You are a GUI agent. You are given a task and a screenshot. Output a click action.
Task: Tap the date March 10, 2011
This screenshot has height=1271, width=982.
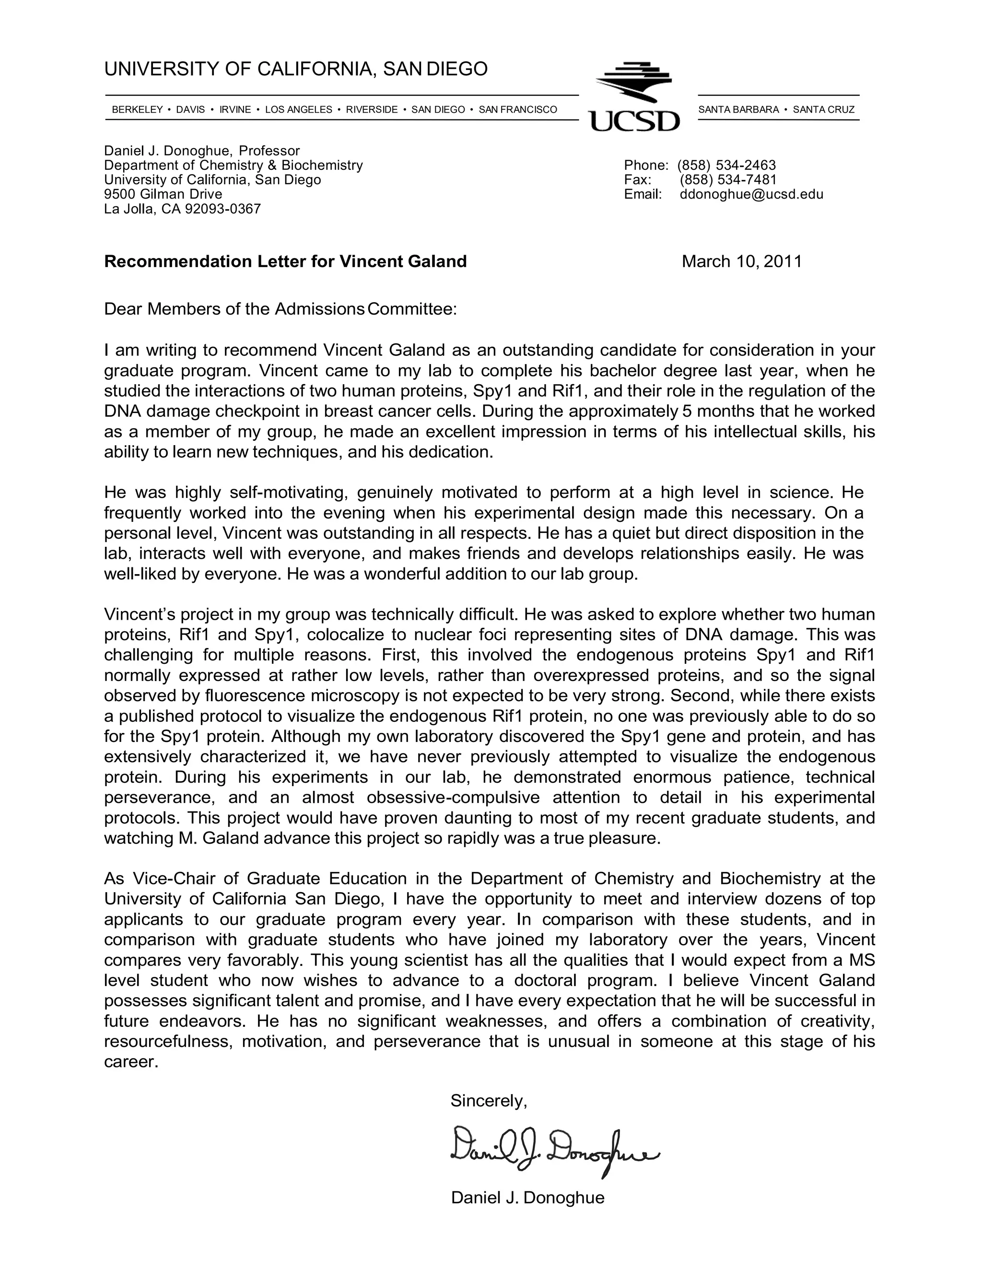[741, 261]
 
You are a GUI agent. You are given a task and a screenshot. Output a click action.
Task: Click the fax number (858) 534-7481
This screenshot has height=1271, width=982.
[728, 180]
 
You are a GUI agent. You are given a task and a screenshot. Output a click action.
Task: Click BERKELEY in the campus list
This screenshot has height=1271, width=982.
[137, 109]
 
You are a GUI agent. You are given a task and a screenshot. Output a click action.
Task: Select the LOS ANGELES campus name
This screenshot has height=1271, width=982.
[298, 109]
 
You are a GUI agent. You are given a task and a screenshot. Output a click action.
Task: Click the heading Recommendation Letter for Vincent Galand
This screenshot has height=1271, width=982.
[285, 261]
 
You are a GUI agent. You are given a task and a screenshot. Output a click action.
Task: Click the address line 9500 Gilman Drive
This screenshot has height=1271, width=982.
[163, 194]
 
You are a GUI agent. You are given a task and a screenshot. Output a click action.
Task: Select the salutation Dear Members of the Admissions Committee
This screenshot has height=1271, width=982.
[281, 309]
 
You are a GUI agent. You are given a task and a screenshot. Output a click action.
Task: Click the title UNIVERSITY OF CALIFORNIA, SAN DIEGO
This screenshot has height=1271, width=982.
[295, 69]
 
